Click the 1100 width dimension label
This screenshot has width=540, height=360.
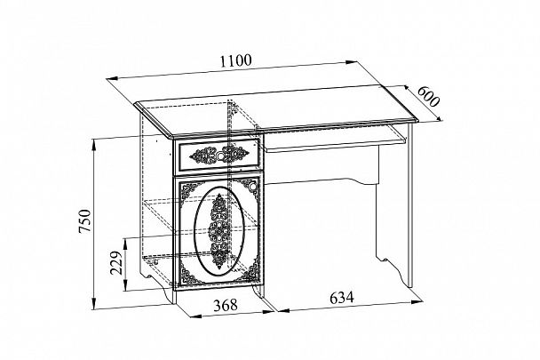pyautogui.click(x=236, y=60)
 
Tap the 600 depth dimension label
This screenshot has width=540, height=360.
pyautogui.click(x=428, y=96)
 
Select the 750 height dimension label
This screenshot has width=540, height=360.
pyautogui.click(x=84, y=220)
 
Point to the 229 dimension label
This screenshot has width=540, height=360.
pyautogui.click(x=116, y=263)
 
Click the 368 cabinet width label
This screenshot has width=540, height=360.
pyautogui.click(x=226, y=305)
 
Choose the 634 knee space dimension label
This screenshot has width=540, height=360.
pyautogui.click(x=342, y=297)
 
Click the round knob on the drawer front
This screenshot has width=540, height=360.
pyautogui.click(x=219, y=156)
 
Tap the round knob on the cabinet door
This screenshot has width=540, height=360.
pyautogui.click(x=253, y=187)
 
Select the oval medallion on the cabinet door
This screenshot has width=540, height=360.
pyautogui.click(x=219, y=231)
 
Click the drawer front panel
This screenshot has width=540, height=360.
pyautogui.click(x=218, y=155)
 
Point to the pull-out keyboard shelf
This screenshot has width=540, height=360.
pyautogui.click(x=334, y=139)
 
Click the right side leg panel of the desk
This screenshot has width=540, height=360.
pyautogui.click(x=409, y=205)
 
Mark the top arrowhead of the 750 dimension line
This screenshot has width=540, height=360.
pyautogui.click(x=93, y=144)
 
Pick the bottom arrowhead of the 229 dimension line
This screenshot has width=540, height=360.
pyautogui.click(x=126, y=285)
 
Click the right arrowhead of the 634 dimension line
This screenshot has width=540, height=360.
pyautogui.click(x=417, y=301)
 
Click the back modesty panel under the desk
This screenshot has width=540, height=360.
pyautogui.click(x=322, y=165)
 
